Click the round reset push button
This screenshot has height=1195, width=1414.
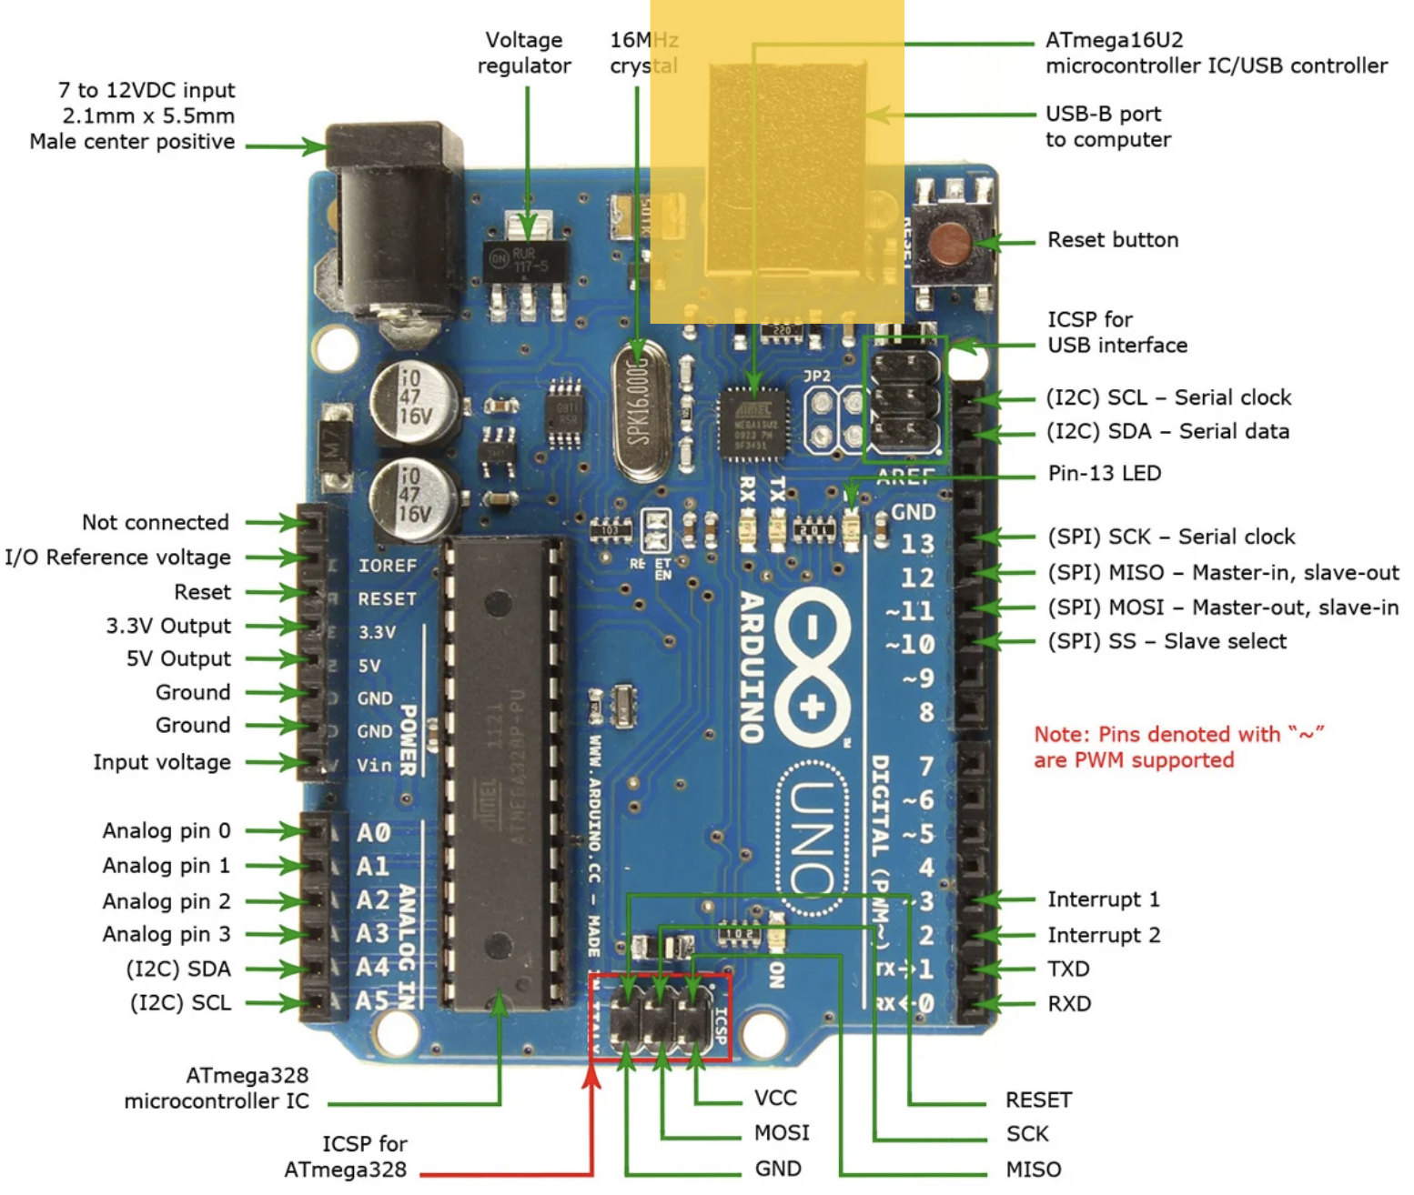coord(950,244)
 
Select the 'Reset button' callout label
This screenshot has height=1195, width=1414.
coord(1112,240)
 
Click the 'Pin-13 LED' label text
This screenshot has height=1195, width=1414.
coord(1104,474)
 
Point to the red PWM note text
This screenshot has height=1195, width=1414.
coord(1177,747)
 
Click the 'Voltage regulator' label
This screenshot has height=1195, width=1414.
coord(524,53)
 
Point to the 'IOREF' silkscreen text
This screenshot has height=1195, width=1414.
coord(387,566)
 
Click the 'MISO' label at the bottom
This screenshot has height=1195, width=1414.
coord(1033,1170)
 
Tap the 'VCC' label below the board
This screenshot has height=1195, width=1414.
coord(775,1099)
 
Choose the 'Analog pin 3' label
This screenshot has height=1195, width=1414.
coord(167,935)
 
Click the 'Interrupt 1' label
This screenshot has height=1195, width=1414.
coord(1103,899)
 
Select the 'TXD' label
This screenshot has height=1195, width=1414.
coord(1068,969)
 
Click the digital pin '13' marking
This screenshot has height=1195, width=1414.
coord(917,544)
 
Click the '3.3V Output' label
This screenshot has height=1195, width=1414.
coord(168,627)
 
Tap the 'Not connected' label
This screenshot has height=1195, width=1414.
coord(156,523)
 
